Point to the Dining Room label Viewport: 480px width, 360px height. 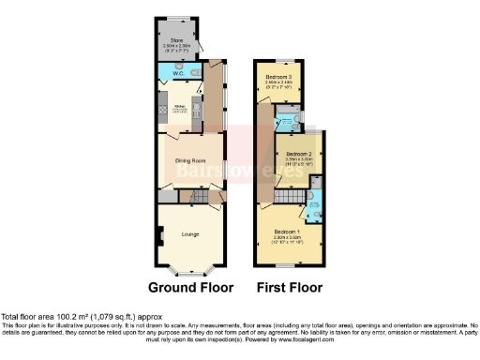(x=189, y=161)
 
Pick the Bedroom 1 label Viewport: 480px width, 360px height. (x=286, y=231)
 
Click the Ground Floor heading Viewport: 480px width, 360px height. (x=190, y=287)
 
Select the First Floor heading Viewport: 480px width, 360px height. (x=289, y=287)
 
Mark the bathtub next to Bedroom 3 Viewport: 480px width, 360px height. (x=283, y=119)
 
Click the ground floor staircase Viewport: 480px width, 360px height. (x=199, y=196)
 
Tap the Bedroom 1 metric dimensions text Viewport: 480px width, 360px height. (x=286, y=237)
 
